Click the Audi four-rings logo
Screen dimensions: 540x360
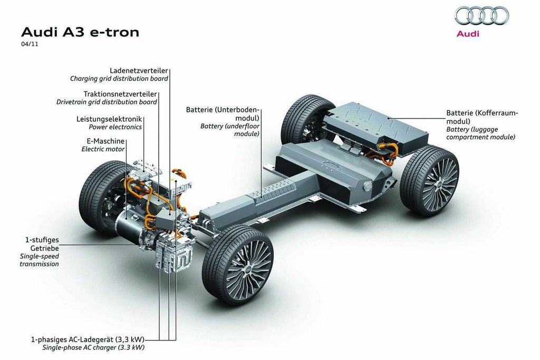click(481, 16)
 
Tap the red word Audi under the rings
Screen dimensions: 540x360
click(468, 34)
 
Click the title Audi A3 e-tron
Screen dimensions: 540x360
click(80, 32)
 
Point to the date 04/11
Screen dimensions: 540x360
click(30, 44)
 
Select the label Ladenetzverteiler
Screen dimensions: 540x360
click(139, 71)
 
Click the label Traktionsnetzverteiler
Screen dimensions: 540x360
click(120, 94)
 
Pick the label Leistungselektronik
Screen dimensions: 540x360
click(109, 119)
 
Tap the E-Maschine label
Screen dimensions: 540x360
click(105, 141)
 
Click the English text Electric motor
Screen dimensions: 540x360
click(103, 149)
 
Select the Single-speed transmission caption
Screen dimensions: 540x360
click(39, 260)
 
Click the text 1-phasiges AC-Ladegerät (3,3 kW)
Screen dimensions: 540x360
click(88, 339)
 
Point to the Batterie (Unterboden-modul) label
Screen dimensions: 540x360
click(223, 114)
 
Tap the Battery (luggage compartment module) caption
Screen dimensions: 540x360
click(481, 133)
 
